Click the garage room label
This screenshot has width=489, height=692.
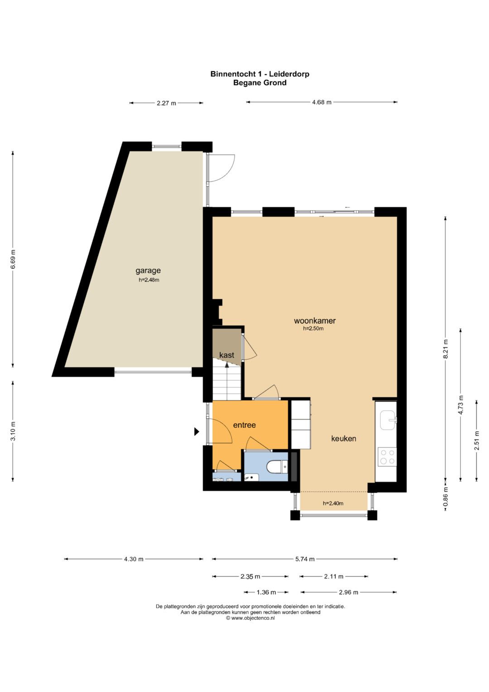point(148,271)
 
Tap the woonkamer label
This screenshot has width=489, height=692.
point(315,321)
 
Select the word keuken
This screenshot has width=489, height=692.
point(344,438)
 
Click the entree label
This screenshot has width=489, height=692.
point(244,425)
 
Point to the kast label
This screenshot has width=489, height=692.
point(226,355)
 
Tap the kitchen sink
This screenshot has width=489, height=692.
point(388,420)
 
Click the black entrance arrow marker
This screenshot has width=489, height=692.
point(197,431)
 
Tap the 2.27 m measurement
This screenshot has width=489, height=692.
point(167,103)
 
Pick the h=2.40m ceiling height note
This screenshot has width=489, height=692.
point(333,503)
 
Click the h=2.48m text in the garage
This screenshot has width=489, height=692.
point(149,280)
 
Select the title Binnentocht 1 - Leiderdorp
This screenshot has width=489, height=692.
point(260,74)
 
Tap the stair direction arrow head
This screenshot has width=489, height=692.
point(227,365)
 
